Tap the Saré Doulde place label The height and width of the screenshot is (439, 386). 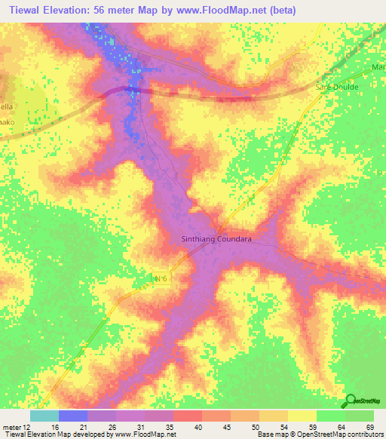point(336,87)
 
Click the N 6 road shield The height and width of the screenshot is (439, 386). point(158,280)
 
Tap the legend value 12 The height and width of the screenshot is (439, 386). point(29,427)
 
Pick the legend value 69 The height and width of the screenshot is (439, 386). point(371,427)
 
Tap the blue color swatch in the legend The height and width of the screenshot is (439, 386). point(73,416)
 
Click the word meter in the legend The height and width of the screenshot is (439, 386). point(12,427)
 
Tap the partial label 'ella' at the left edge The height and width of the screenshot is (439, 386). point(6,106)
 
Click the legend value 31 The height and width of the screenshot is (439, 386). point(131,427)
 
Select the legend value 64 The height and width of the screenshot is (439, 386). point(343,427)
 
